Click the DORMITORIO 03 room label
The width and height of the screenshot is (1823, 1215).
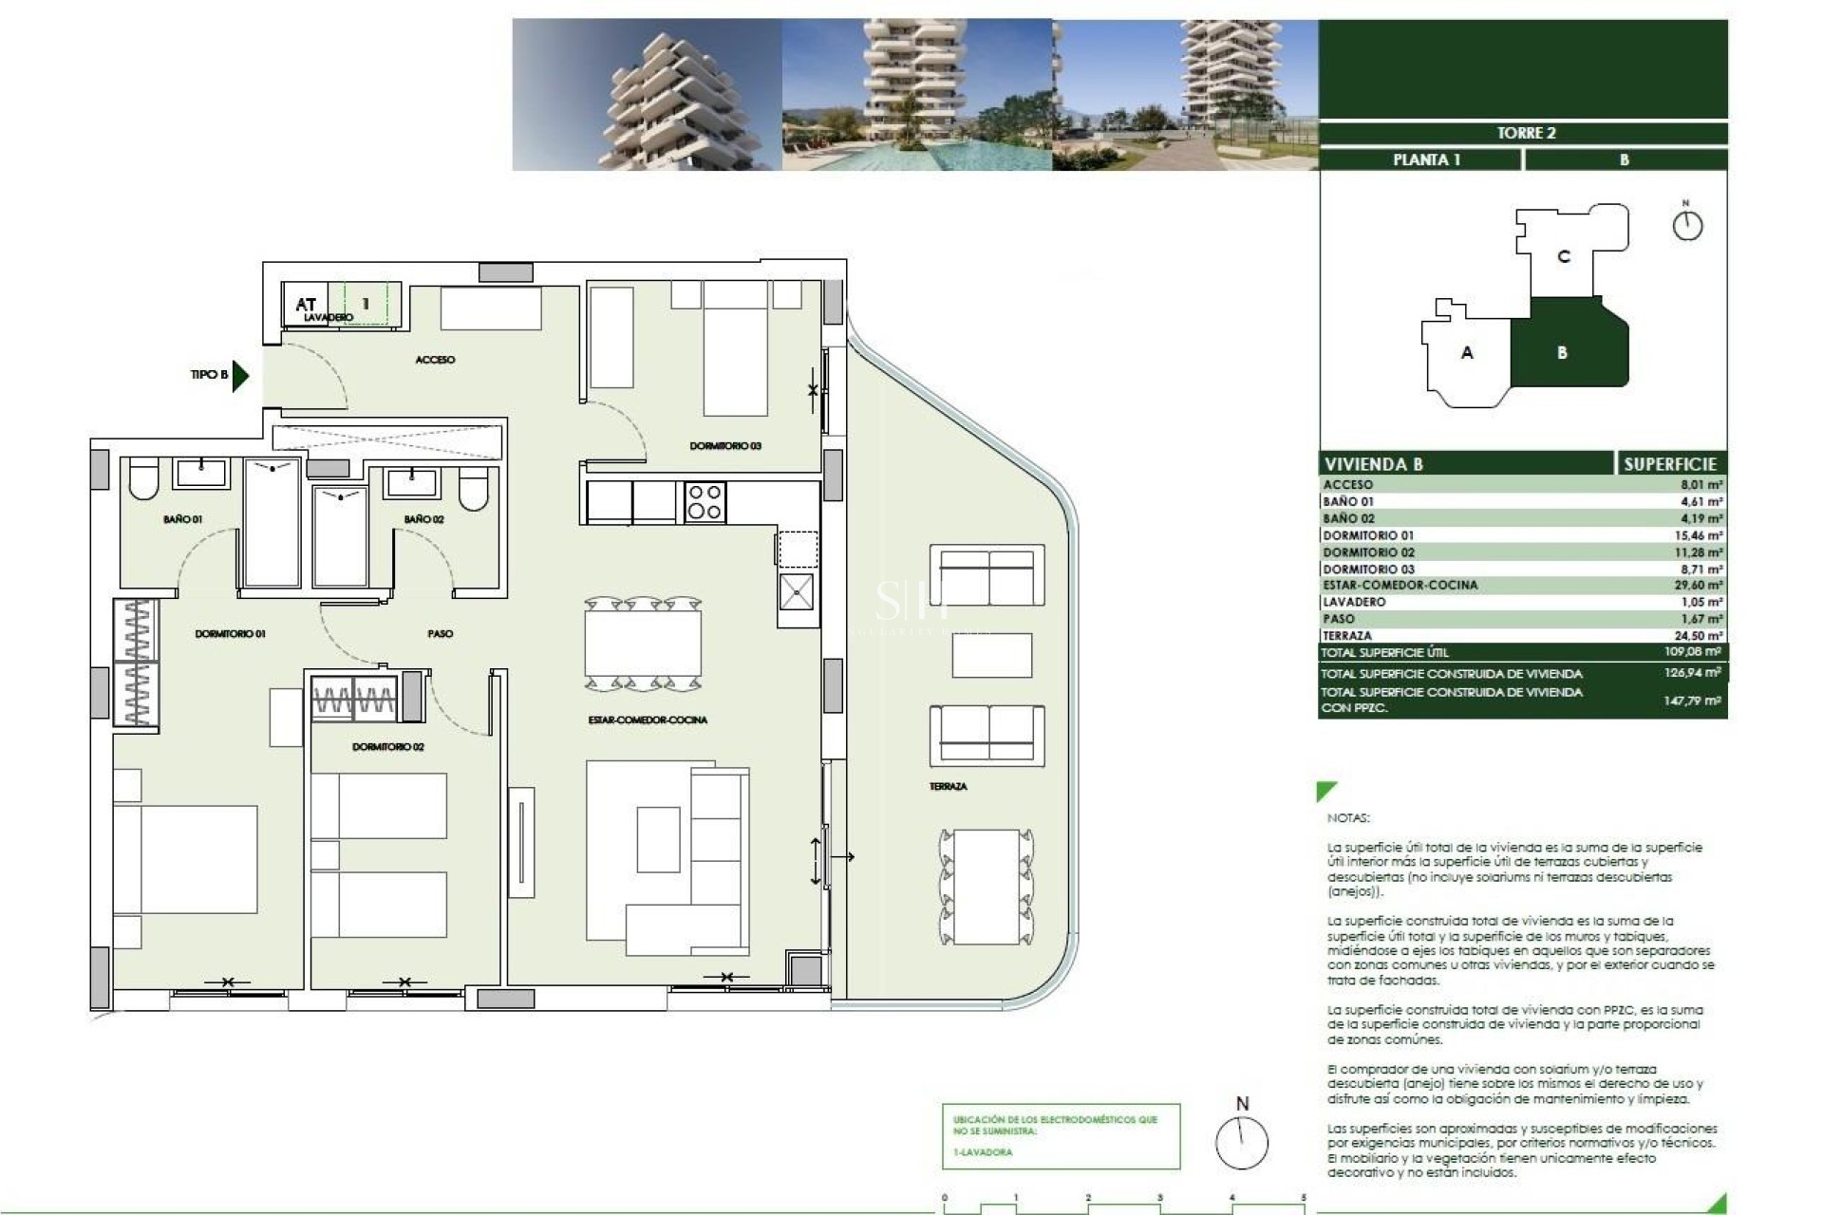click(725, 446)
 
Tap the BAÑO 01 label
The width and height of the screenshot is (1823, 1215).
click(182, 519)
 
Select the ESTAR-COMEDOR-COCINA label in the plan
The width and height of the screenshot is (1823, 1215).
click(648, 720)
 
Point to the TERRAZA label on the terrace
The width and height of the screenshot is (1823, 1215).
click(948, 786)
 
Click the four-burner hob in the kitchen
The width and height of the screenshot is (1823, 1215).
click(705, 502)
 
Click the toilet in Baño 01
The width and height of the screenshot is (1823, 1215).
click(143, 481)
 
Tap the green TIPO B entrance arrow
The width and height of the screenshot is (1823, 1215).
click(240, 375)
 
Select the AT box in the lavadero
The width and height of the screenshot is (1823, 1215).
click(305, 304)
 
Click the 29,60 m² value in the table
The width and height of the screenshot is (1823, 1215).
click(1698, 586)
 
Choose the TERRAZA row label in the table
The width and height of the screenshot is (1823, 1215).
click(1347, 636)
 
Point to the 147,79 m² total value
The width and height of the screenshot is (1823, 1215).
click(1692, 701)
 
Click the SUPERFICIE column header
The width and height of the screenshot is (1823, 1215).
click(1670, 464)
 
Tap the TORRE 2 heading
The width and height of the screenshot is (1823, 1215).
click(1526, 133)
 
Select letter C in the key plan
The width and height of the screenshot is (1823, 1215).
click(1564, 256)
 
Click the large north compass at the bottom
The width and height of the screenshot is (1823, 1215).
click(1242, 1142)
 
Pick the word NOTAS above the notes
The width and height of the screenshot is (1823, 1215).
click(1348, 817)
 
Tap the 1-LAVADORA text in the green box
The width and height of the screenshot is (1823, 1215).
click(983, 1152)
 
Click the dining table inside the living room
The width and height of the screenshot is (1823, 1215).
click(643, 644)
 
